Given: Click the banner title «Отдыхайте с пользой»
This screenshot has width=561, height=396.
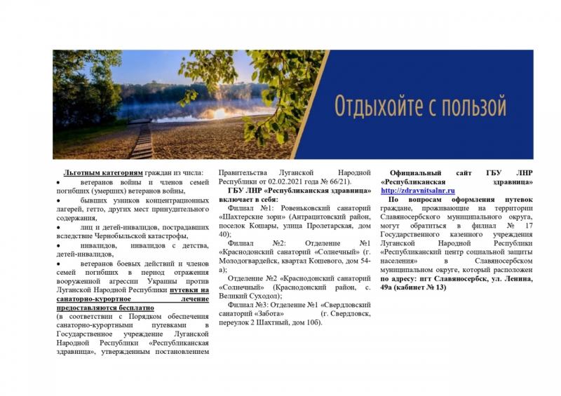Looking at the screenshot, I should (420, 107).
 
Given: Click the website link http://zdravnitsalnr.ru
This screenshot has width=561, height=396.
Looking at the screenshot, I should (418, 191).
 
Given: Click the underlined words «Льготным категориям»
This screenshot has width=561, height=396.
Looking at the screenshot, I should (103, 172).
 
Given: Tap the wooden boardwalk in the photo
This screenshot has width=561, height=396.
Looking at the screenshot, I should (143, 140).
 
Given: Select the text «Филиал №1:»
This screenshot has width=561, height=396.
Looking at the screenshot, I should (248, 208).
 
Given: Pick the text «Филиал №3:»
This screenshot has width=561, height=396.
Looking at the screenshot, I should (248, 305).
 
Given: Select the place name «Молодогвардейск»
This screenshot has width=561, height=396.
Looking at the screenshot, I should (252, 261).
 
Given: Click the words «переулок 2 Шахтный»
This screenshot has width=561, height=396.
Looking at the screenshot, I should (255, 323).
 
